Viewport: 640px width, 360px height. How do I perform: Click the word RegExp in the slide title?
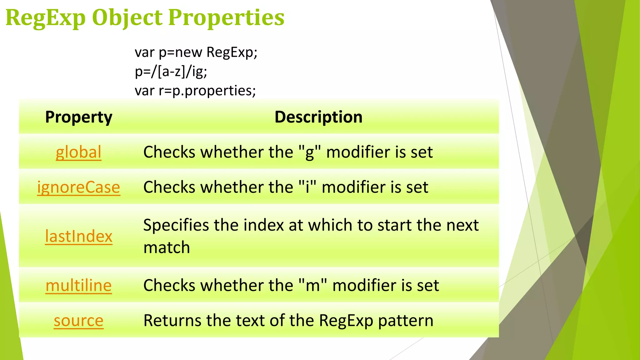click(x=46, y=18)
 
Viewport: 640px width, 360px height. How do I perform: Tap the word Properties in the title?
click(x=226, y=18)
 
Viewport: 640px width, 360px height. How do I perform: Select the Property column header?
click(x=78, y=117)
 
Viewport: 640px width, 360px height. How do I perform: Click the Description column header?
click(x=318, y=117)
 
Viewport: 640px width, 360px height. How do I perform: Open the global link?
click(x=78, y=152)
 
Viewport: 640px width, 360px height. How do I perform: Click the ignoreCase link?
click(x=78, y=187)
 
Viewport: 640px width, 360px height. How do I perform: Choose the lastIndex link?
click(x=78, y=236)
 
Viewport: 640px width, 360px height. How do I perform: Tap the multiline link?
click(x=78, y=285)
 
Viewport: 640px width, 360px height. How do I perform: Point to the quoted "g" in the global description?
click(x=310, y=152)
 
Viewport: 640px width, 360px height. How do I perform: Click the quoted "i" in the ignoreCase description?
click(x=307, y=187)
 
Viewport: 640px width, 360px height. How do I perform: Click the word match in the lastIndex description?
click(x=167, y=247)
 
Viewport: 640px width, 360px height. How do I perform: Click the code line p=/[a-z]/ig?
click(x=171, y=72)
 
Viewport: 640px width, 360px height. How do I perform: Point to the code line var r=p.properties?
click(x=195, y=91)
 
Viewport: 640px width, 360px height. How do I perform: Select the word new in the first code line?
click(x=188, y=52)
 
